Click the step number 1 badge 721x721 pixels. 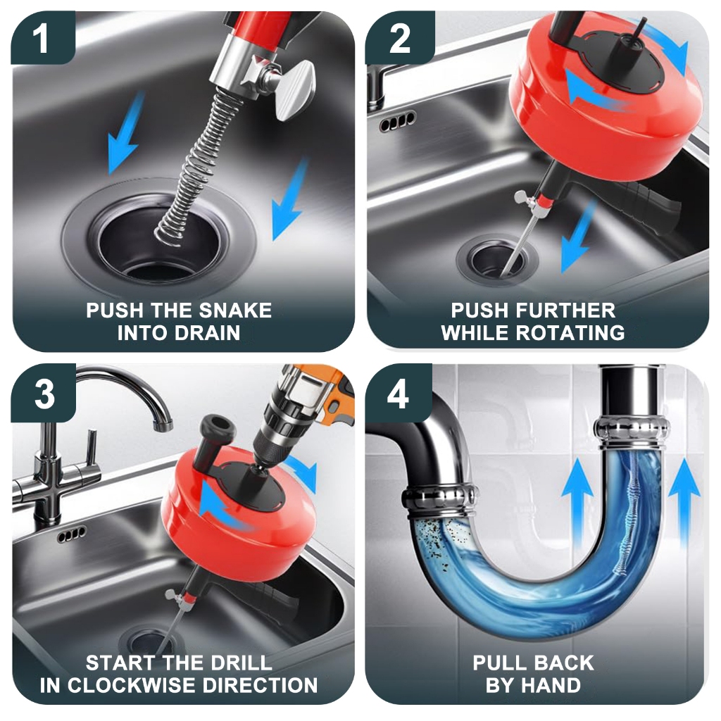(x=43, y=39)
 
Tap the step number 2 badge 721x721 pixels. (x=400, y=39)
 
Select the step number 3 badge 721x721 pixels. (x=44, y=394)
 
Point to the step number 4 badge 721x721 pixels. (x=399, y=394)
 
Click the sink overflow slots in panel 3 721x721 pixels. (x=71, y=534)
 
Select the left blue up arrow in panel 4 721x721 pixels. (x=577, y=496)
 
